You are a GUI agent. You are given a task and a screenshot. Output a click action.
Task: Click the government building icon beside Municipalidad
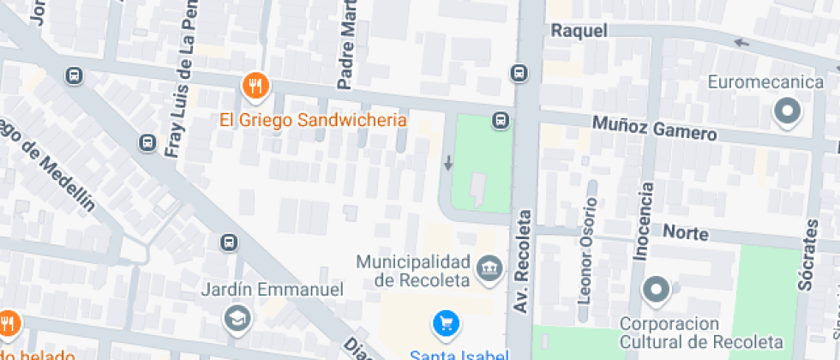[489, 267]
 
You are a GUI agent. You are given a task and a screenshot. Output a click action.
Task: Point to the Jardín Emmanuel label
[272, 290]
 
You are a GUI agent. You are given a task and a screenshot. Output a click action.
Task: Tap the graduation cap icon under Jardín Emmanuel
[234, 319]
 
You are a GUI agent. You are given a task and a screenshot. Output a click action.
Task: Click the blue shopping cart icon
[446, 323]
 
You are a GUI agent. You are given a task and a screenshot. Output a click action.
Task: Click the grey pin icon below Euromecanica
[786, 112]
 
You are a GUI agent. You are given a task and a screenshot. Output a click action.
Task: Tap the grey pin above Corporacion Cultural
[657, 291]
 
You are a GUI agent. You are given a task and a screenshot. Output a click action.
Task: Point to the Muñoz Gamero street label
[654, 129]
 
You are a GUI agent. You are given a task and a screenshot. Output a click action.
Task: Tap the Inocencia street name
[644, 221]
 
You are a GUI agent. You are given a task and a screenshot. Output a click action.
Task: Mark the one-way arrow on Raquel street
[741, 42]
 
